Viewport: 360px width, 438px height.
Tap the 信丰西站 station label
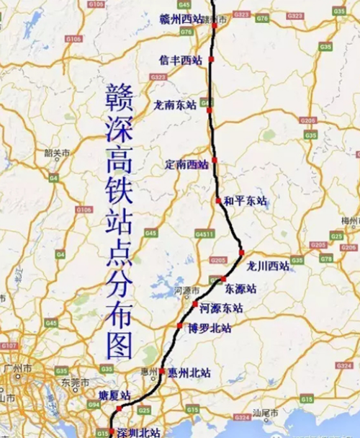pos(180,61)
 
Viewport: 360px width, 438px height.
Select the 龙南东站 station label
pos(175,104)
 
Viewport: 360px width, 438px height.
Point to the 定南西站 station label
pos(186,164)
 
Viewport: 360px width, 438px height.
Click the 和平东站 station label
pos(245,201)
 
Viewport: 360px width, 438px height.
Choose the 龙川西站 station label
pos(267,266)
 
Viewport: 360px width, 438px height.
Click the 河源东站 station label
pos(221,308)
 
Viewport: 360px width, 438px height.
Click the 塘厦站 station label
pos(114,395)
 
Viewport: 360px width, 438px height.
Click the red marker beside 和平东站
pos(218,200)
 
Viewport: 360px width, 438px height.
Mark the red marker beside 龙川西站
pos(242,253)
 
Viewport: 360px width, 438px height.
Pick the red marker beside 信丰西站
pos(212,59)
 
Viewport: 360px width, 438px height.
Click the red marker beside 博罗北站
pos(180,326)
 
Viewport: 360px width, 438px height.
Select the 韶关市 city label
pos(58,153)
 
